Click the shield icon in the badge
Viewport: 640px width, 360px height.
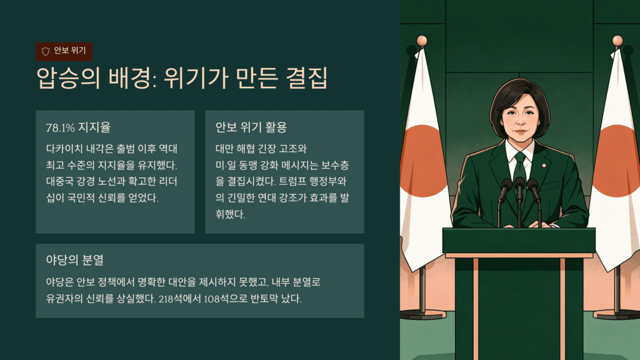[46, 51]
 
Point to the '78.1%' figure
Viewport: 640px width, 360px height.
[61, 127]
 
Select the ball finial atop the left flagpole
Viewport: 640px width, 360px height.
[422, 41]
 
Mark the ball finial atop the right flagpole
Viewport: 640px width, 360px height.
[617, 41]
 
